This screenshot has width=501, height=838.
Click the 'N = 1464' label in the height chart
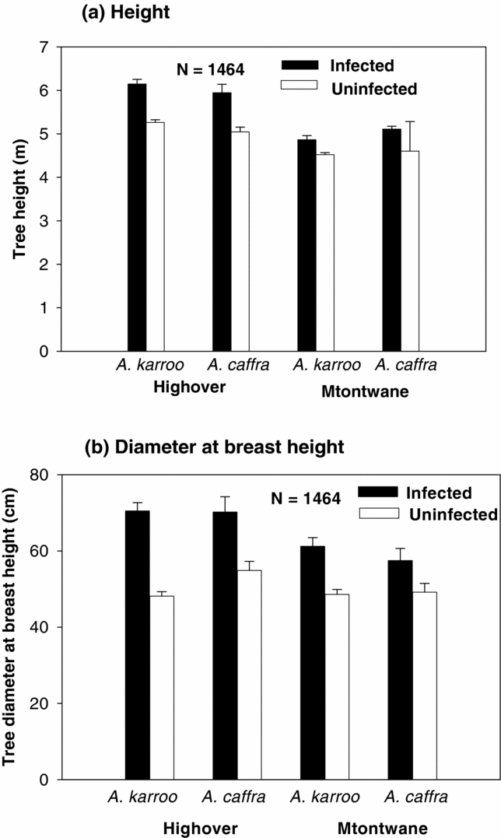(x=208, y=70)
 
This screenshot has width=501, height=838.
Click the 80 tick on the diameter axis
(x=40, y=475)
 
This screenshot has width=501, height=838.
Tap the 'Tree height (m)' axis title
(x=16, y=199)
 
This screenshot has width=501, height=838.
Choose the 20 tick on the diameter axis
(x=40, y=703)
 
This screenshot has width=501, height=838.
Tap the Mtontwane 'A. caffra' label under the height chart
(x=405, y=365)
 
